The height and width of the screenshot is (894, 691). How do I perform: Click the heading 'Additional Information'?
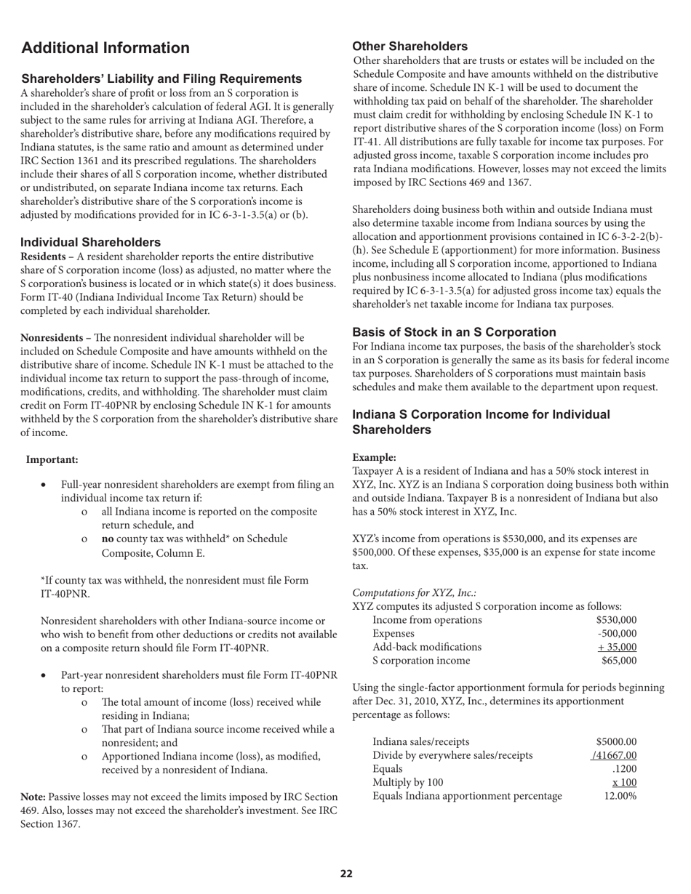point(105,49)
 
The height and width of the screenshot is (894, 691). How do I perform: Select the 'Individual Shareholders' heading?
point(91,242)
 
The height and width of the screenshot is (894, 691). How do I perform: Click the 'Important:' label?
point(52,459)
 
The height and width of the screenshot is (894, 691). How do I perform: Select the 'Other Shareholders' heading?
point(410,47)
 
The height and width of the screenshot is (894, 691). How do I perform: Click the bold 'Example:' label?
point(374,457)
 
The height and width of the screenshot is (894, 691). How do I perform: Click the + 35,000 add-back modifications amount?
point(617,647)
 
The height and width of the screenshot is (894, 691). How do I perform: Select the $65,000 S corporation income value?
point(619,661)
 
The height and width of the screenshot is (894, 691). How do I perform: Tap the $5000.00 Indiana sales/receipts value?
point(615,741)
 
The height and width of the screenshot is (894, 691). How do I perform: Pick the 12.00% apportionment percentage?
point(620,796)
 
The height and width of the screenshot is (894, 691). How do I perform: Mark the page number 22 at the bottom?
point(346,874)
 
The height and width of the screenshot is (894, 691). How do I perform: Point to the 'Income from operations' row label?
point(427,619)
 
